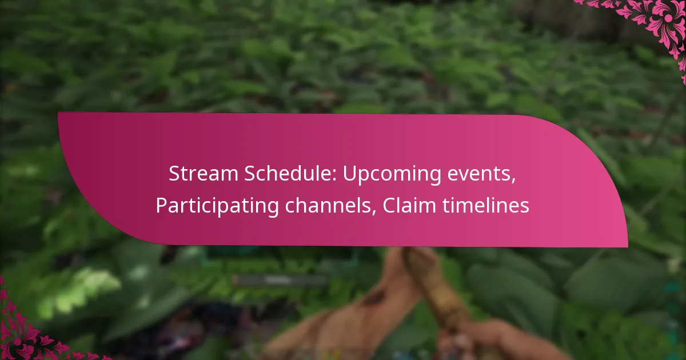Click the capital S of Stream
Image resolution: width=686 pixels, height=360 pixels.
point(173,175)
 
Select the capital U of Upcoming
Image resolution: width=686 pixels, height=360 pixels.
point(348,175)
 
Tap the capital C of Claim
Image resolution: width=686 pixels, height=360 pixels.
point(388,206)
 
